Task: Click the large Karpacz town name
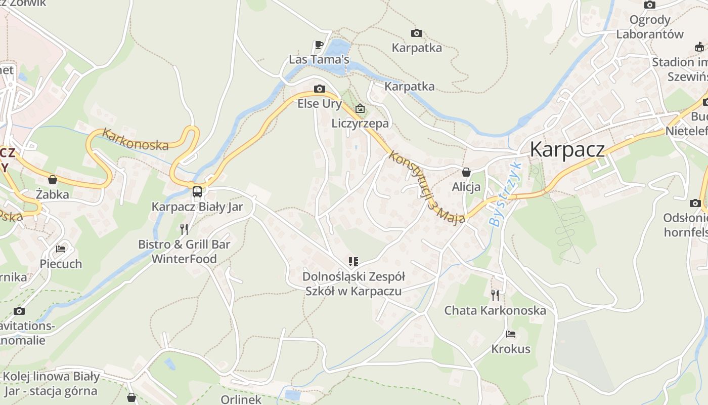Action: point(567,149)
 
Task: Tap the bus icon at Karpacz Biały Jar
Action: point(197,192)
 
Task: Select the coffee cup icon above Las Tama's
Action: point(319,45)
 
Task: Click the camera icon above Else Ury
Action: point(319,89)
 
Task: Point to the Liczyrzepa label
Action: point(360,123)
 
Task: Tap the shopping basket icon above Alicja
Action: point(466,172)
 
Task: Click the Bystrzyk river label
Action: point(504,194)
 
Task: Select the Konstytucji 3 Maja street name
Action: point(426,187)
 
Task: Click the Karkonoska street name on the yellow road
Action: point(135,139)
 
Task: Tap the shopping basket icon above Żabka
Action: point(53,180)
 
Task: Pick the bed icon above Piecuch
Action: point(61,249)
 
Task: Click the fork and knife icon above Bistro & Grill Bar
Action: point(184,229)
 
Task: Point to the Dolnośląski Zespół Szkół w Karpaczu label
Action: point(353,283)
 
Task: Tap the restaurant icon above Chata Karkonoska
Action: point(495,295)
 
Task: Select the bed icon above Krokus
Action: point(511,334)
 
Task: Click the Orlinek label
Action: point(241,399)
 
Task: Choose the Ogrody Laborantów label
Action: point(649,27)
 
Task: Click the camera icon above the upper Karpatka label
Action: point(417,33)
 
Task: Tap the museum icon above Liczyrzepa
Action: point(360,108)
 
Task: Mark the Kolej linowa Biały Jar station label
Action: point(51,384)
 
